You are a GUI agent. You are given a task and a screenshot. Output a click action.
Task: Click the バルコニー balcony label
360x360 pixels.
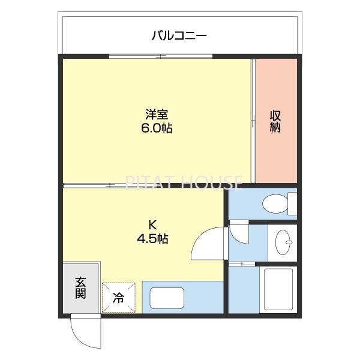[x=179, y=35]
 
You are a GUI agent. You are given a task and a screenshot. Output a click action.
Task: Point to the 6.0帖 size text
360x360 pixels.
[x=156, y=128]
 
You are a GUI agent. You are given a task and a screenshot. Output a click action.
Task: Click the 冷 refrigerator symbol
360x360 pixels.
[x=119, y=298]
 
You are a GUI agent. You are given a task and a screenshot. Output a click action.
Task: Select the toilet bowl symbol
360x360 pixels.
[x=274, y=203]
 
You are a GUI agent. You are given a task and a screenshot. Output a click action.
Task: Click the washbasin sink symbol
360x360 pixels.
[x=282, y=243]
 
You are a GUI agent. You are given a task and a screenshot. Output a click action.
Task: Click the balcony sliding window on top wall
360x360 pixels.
[x=160, y=56]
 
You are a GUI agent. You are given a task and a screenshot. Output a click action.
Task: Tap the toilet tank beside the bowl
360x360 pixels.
[x=292, y=203]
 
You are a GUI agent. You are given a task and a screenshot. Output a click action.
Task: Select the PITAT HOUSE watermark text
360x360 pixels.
[x=184, y=181]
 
